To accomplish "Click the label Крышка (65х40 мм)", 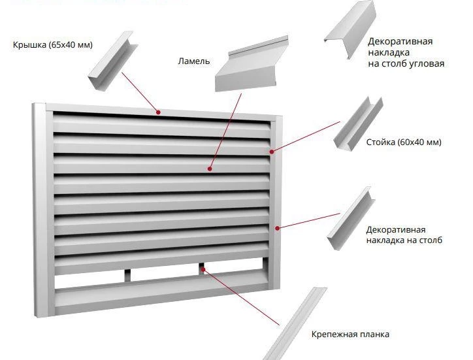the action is (53, 45).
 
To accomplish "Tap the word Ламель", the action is (193, 61).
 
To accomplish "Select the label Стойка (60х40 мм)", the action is (404, 142).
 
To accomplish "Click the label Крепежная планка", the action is (350, 335).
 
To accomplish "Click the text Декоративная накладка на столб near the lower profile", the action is (404, 235).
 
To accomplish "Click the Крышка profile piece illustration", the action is (113, 60).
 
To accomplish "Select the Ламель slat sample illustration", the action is (252, 64).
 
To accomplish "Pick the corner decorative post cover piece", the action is (351, 29).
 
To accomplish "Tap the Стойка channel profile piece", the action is (359, 123).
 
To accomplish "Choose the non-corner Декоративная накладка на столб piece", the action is (351, 218).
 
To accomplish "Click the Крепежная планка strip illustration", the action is (295, 324).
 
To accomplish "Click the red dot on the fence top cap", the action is (158, 112).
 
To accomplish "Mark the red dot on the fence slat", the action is (210, 169).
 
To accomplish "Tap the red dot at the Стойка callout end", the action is (272, 152).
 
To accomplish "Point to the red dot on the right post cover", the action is (277, 228).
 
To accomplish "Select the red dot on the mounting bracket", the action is (203, 269).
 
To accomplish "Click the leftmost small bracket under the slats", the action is (127, 275).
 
